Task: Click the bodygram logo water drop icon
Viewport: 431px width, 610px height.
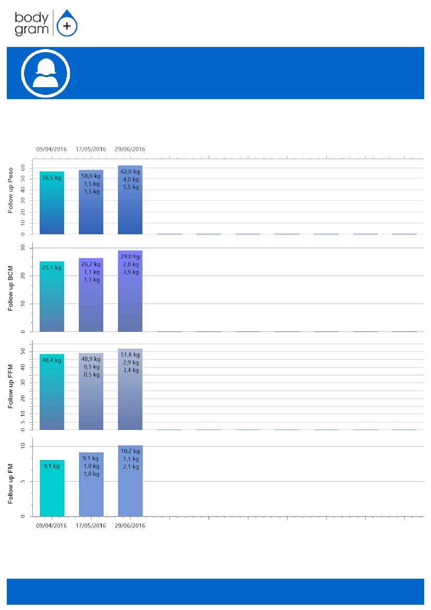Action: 66,24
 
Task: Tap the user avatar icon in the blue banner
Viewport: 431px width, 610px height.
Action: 45,73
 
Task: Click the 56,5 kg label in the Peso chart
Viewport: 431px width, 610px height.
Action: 52,177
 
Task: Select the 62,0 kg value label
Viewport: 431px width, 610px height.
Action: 130,171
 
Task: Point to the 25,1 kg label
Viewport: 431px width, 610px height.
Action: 52,268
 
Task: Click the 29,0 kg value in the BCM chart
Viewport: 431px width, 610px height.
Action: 130,257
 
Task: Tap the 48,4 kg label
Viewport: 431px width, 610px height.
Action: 52,360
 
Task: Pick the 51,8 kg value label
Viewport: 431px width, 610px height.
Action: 130,355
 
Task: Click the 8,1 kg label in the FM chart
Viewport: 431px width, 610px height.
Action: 52,466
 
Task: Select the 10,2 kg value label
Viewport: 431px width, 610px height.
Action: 130,451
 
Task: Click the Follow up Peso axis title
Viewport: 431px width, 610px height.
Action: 10,194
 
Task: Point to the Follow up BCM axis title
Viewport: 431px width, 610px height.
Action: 10,288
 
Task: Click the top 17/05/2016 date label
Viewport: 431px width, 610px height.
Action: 91,149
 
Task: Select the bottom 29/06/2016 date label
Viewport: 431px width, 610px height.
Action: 130,525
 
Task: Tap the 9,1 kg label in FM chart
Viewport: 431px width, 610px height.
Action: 91,458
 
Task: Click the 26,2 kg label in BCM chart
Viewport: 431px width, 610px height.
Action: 91,264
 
